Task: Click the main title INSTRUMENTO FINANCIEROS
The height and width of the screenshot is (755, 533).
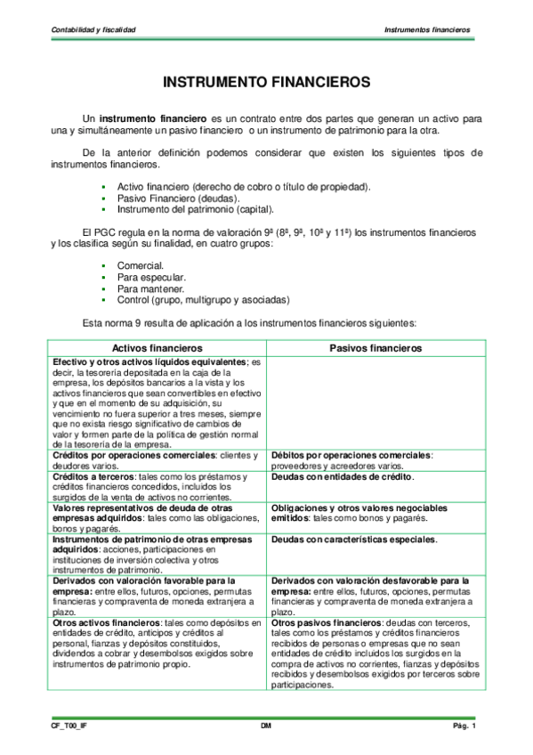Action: pos(266,81)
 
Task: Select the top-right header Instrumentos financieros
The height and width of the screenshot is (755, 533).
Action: pos(427,30)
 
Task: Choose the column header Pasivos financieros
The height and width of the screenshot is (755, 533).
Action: pos(376,347)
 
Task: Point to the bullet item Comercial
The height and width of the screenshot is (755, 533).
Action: pos(140,265)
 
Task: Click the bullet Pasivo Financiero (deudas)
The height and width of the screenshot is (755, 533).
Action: pos(173,198)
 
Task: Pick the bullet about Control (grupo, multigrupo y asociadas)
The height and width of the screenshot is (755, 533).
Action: pos(203,300)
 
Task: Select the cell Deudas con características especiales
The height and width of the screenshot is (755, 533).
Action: pos(353,540)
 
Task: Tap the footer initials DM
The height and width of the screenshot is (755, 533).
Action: pos(266,727)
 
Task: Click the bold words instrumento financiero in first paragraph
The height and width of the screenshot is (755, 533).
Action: pos(153,118)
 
